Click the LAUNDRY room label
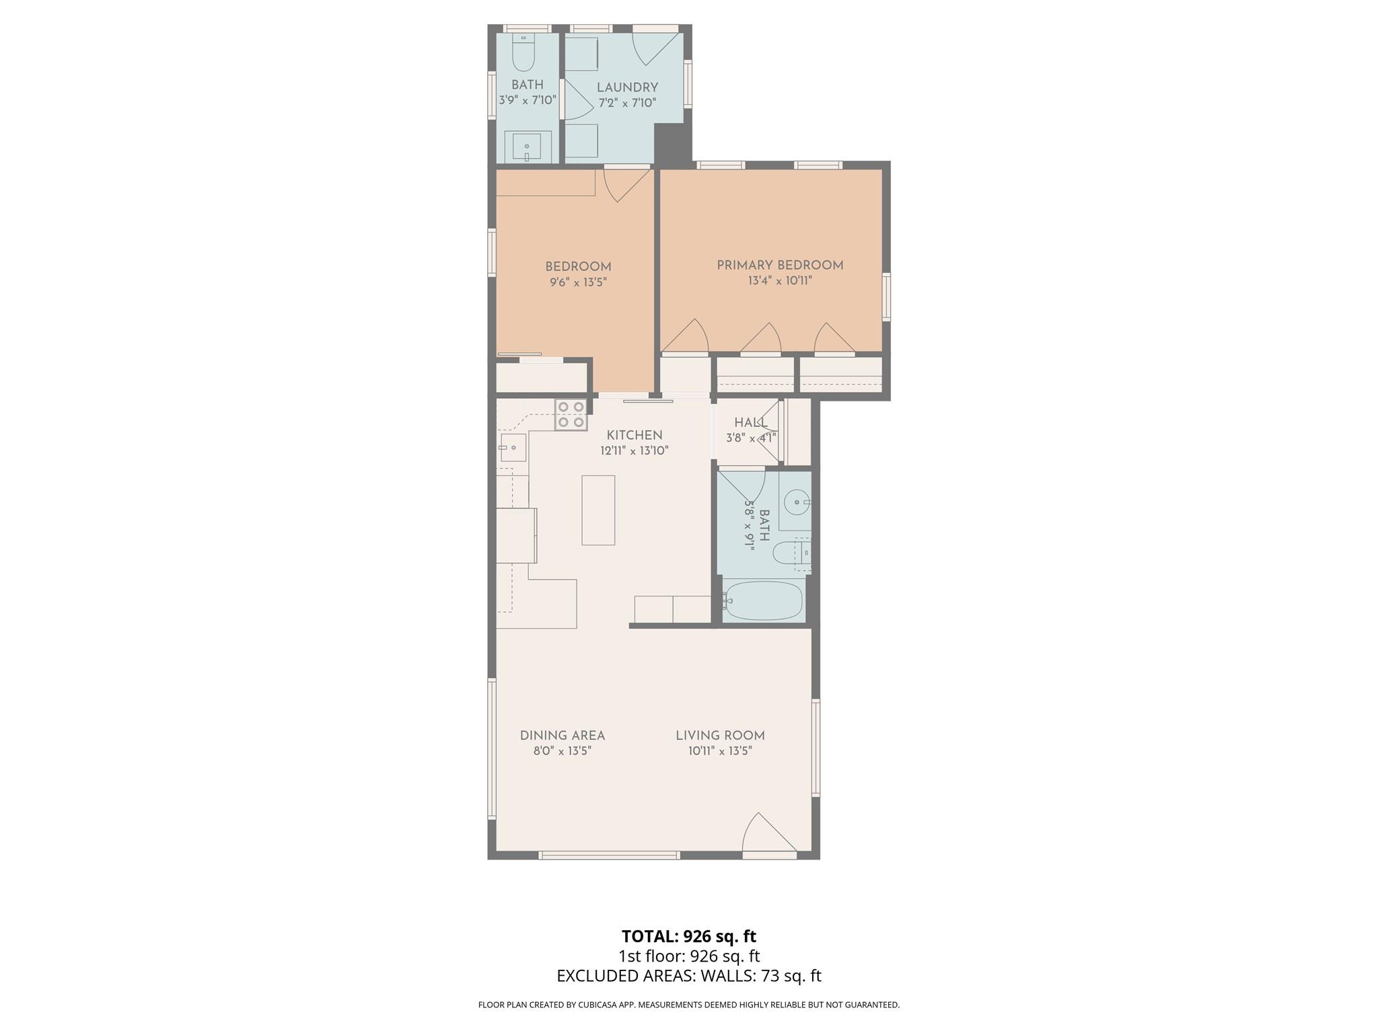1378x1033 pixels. (627, 87)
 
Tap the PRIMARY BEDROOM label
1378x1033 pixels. (780, 266)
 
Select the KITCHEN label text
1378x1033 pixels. (634, 435)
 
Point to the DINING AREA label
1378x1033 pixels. (563, 736)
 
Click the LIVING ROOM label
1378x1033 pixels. (720, 736)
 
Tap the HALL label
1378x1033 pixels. (751, 423)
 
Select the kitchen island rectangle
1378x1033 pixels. (598, 510)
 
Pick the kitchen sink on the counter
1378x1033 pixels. (512, 447)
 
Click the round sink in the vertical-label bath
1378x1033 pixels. (796, 502)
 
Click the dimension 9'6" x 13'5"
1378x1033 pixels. (578, 282)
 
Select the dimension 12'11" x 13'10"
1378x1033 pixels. (634, 451)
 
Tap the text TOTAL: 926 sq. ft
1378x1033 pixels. (689, 936)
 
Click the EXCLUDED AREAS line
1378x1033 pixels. (689, 976)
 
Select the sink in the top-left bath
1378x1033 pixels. (527, 147)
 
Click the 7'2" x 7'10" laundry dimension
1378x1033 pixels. (627, 103)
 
